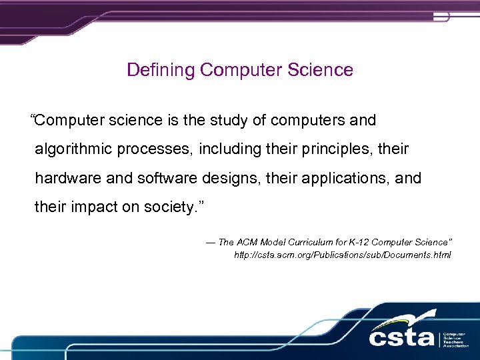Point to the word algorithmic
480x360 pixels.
(73, 149)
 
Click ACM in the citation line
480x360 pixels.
(246, 243)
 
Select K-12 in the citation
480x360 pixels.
(364, 243)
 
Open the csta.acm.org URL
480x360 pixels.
(342, 255)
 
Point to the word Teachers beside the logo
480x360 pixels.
(455, 341)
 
